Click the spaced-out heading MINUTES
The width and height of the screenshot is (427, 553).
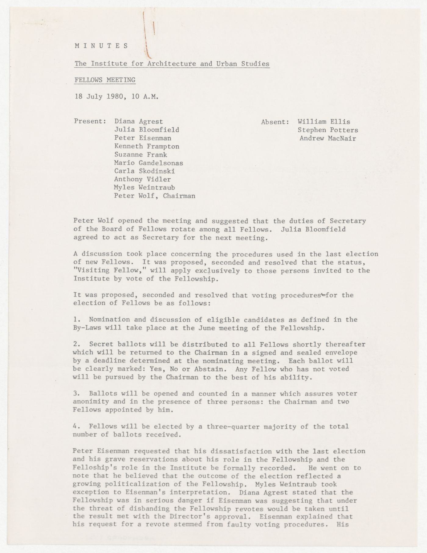click(x=101, y=46)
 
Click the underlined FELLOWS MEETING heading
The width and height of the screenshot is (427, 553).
click(x=105, y=80)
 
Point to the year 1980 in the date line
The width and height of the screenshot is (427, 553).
click(x=115, y=97)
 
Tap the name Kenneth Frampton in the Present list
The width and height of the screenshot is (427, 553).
click(x=147, y=147)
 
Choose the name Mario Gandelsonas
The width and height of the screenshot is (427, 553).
click(x=149, y=163)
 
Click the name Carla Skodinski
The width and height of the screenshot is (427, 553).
click(x=143, y=171)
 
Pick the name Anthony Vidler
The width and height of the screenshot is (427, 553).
click(x=142, y=180)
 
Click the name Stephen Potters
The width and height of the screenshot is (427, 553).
click(x=328, y=130)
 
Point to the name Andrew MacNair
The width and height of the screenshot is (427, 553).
click(x=328, y=138)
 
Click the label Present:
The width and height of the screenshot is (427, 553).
click(x=90, y=122)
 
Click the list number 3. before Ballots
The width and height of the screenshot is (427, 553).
click(x=77, y=394)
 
